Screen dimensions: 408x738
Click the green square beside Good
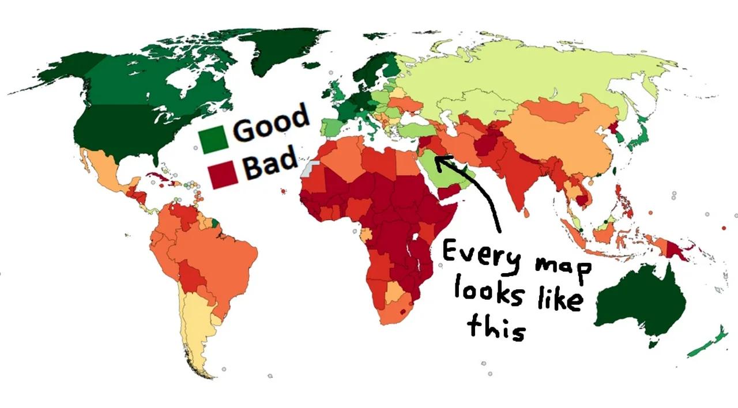(212, 140)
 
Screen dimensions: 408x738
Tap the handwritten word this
(496, 326)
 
